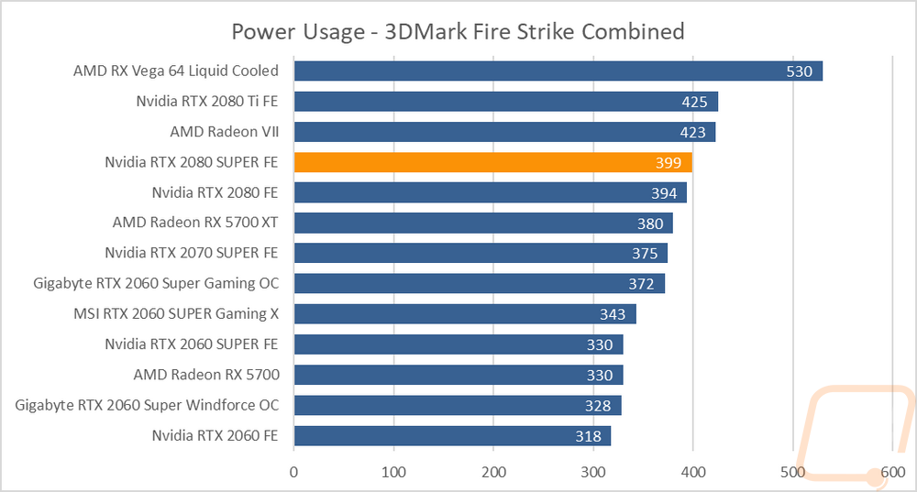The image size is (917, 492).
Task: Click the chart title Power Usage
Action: click(x=298, y=32)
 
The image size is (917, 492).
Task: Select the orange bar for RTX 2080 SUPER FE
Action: click(x=493, y=162)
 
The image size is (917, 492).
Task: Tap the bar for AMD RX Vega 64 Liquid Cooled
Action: click(x=558, y=71)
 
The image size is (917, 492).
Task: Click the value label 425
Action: click(x=694, y=102)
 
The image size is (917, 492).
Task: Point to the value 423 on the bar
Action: click(x=692, y=132)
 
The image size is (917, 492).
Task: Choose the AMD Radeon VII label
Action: click(x=225, y=131)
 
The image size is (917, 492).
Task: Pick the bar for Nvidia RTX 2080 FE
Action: click(x=491, y=192)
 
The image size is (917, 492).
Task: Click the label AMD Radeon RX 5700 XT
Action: click(x=195, y=223)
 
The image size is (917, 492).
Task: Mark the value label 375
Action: click(x=645, y=254)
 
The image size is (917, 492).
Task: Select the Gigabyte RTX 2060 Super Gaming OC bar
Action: click(x=480, y=284)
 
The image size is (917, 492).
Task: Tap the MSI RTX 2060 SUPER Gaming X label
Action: click(x=176, y=313)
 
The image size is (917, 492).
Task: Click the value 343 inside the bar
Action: click(x=613, y=314)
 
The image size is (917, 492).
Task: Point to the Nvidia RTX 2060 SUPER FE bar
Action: click(x=458, y=344)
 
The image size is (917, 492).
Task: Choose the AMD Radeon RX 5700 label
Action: click(x=206, y=375)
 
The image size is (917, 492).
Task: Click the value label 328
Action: click(x=598, y=406)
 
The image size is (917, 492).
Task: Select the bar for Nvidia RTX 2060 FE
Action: click(x=453, y=436)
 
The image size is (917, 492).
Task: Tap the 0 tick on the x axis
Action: click(x=293, y=472)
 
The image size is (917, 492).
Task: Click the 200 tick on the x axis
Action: click(x=493, y=472)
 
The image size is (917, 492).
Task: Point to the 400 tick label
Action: click(x=693, y=472)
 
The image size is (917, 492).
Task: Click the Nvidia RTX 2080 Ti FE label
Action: click(x=207, y=101)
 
